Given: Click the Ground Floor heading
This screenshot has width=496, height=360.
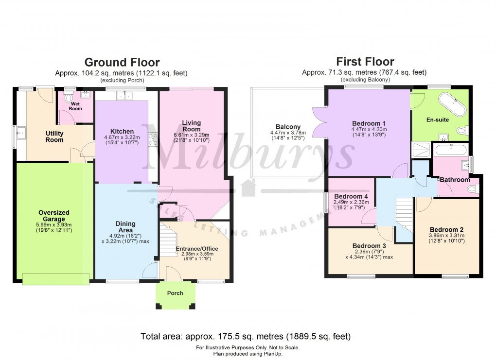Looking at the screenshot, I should (122, 62).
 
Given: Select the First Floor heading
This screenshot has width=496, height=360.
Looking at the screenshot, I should (365, 62).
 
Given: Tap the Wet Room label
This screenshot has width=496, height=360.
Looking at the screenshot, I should (75, 106).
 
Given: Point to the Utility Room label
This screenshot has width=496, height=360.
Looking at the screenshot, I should (54, 137).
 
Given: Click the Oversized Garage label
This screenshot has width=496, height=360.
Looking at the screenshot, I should (54, 216).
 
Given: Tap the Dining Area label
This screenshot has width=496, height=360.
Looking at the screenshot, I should (125, 227).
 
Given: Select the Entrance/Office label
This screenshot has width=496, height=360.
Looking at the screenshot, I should (197, 249).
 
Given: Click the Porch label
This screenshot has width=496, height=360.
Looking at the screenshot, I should (175, 293).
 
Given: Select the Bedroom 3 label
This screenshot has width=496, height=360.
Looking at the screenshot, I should (369, 246).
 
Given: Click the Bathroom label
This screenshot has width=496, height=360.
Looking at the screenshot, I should (455, 180).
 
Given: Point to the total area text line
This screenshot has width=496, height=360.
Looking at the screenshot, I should (245, 336).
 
